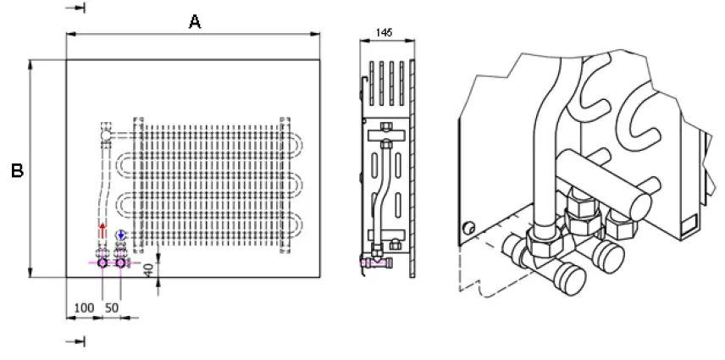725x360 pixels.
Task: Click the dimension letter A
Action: (x=194, y=23)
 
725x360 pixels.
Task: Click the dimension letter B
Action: (x=16, y=170)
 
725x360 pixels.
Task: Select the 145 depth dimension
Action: (x=383, y=32)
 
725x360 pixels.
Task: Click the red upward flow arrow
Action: (x=103, y=231)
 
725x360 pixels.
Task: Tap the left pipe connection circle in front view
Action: (x=103, y=263)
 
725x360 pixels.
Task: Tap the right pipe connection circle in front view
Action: (x=121, y=263)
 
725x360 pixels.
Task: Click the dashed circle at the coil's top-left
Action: (x=105, y=133)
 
